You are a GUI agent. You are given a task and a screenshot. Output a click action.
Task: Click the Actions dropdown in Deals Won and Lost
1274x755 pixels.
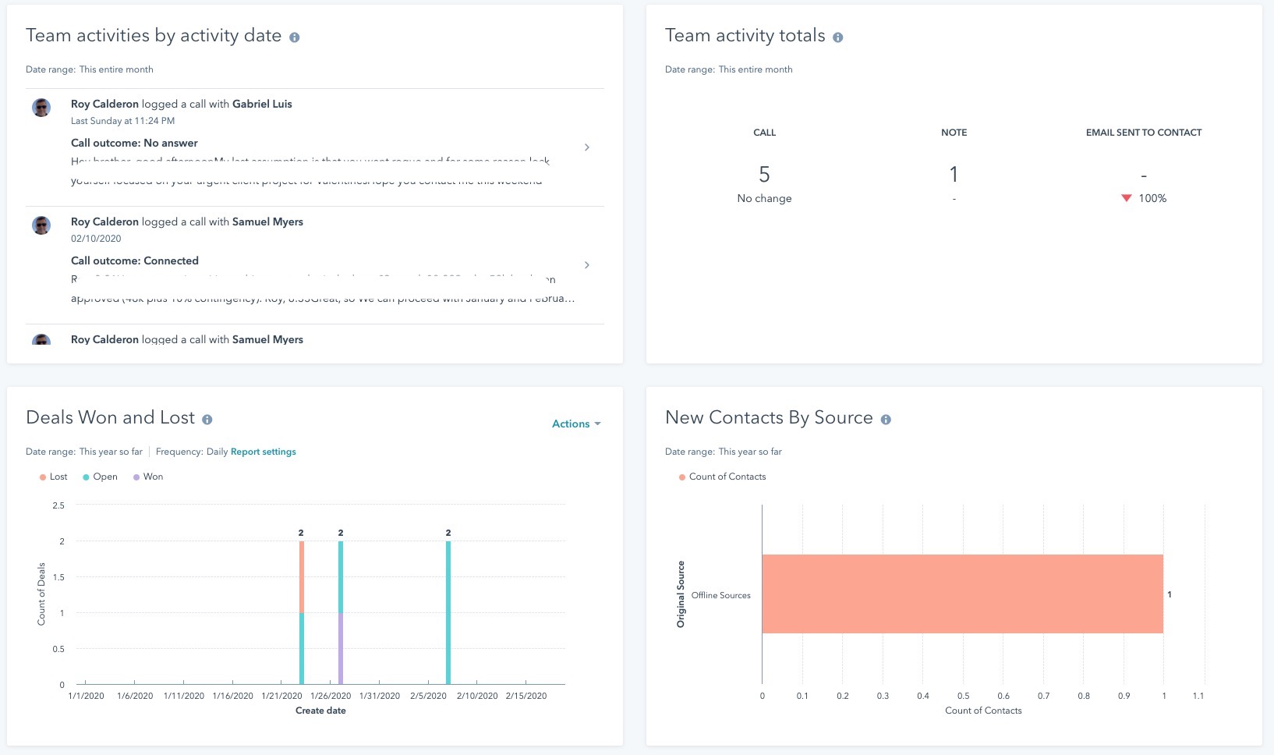pyautogui.click(x=575, y=424)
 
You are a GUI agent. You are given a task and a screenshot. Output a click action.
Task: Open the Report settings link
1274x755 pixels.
pyautogui.click(x=263, y=452)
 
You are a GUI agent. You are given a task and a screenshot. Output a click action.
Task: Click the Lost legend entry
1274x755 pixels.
pyautogui.click(x=54, y=477)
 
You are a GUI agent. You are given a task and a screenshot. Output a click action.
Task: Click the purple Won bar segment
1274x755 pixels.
pyautogui.click(x=341, y=649)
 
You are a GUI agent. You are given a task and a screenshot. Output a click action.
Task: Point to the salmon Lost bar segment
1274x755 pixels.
pyautogui.click(x=302, y=577)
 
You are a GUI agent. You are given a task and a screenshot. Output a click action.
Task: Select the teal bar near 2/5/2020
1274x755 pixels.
pyautogui.click(x=448, y=612)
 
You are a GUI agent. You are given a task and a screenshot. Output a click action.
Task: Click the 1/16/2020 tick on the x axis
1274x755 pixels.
pyautogui.click(x=232, y=696)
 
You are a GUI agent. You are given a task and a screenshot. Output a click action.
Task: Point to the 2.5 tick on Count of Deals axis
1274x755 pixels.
pyautogui.click(x=58, y=505)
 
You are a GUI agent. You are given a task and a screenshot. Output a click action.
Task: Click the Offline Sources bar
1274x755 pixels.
pyautogui.click(x=962, y=594)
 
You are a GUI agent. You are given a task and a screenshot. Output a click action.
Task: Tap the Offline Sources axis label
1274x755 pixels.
pyautogui.click(x=720, y=595)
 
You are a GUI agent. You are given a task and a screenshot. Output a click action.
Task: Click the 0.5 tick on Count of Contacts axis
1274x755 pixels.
pyautogui.click(x=963, y=696)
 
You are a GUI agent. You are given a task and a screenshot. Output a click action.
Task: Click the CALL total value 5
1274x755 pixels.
pyautogui.click(x=764, y=174)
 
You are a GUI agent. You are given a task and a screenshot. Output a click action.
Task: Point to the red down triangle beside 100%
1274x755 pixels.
pyautogui.click(x=1126, y=198)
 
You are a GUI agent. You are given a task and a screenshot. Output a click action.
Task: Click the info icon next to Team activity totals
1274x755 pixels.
pyautogui.click(x=838, y=37)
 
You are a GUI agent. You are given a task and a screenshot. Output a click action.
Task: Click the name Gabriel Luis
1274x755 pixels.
pyautogui.click(x=262, y=104)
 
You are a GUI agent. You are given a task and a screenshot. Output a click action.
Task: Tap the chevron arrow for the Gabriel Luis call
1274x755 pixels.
pyautogui.click(x=587, y=147)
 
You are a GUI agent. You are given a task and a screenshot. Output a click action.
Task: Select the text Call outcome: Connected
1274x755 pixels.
pyautogui.click(x=134, y=261)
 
